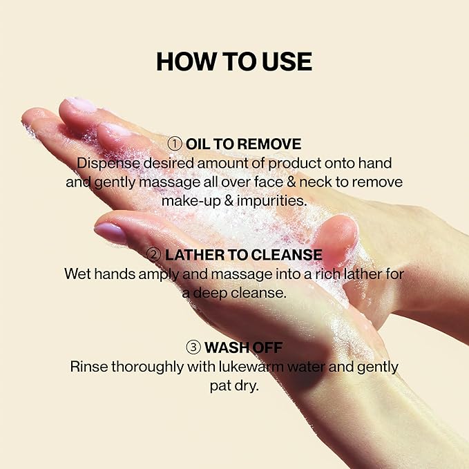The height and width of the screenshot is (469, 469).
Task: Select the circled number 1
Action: (175, 144)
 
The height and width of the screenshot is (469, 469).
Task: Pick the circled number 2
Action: (154, 255)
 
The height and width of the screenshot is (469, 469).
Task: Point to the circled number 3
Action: (193, 347)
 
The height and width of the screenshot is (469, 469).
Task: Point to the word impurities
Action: (272, 200)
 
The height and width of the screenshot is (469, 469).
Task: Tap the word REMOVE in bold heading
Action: (267, 144)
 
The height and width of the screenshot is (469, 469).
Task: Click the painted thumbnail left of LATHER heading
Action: (110, 233)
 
